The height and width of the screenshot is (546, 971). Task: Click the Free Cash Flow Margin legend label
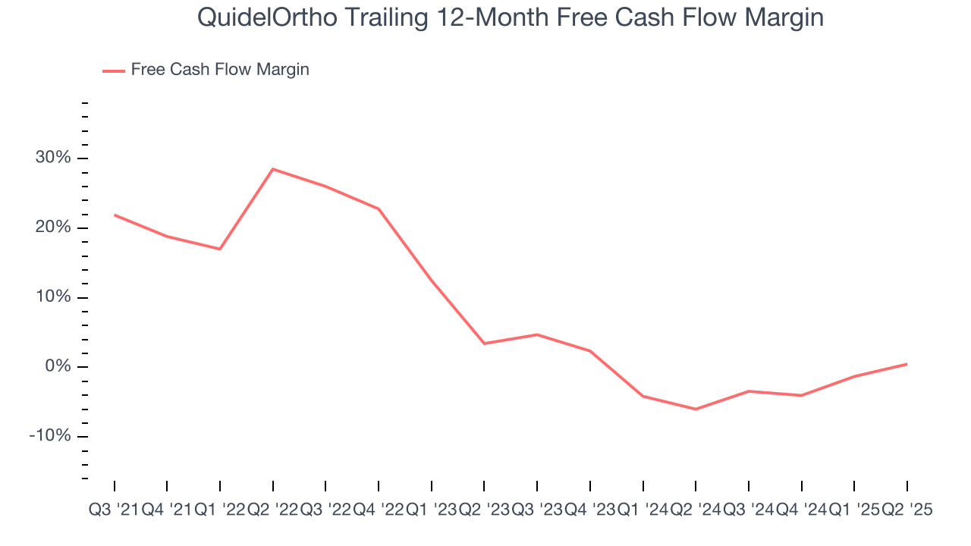pyautogui.click(x=220, y=70)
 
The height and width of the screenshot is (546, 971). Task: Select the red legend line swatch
pyautogui.click(x=114, y=71)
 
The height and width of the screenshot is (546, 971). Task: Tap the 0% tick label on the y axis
pyautogui.click(x=59, y=367)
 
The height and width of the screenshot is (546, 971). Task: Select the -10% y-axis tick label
pyautogui.click(x=51, y=436)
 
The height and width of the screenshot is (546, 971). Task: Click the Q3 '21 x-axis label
pyautogui.click(x=114, y=510)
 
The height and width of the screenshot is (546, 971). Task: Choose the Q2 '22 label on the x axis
pyautogui.click(x=273, y=510)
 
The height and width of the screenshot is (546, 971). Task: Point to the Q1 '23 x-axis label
pyautogui.click(x=431, y=510)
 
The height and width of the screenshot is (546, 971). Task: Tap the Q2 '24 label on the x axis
pyautogui.click(x=696, y=510)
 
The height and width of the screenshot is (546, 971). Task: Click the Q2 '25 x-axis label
pyautogui.click(x=907, y=510)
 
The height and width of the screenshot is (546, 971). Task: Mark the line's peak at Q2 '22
pyautogui.click(x=273, y=169)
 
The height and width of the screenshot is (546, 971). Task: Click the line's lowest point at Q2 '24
pyautogui.click(x=696, y=409)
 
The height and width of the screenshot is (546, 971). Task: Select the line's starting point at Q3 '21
pyautogui.click(x=115, y=215)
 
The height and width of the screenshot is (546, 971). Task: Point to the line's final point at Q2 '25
pyautogui.click(x=907, y=364)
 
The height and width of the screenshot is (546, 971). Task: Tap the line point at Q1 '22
pyautogui.click(x=220, y=249)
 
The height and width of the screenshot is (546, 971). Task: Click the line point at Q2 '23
pyautogui.click(x=484, y=344)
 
